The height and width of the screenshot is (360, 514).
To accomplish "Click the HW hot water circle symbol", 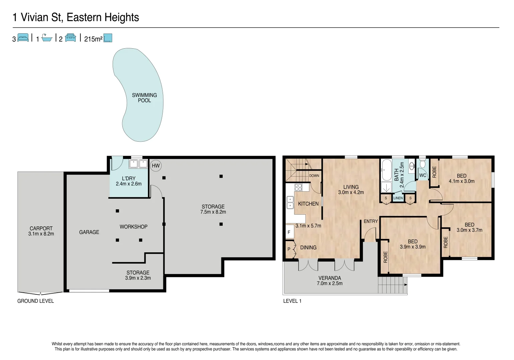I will [156, 166].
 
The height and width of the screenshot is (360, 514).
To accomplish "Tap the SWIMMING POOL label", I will [144, 98].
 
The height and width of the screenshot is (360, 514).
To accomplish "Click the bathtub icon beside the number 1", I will [47, 38].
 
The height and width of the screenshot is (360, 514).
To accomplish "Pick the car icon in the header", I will [71, 38].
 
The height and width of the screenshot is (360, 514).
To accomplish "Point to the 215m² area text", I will [93, 39].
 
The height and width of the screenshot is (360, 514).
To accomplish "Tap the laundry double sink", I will [138, 164].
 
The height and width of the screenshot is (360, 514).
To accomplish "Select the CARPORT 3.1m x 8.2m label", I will [41, 231].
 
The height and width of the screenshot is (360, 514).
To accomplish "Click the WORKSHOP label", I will [133, 227].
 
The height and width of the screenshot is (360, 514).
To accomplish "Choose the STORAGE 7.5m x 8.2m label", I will [213, 209].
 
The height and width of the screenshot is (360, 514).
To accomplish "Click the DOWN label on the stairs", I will [314, 176].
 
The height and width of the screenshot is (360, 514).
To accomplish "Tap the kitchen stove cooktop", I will [298, 187].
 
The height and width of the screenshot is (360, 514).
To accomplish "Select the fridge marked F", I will [289, 232].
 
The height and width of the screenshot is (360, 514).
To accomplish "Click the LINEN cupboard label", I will [398, 198].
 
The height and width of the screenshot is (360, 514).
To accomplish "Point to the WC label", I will [423, 175].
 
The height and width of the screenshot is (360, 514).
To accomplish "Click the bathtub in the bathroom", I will [386, 170].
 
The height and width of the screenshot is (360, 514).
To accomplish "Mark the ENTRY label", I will [371, 221].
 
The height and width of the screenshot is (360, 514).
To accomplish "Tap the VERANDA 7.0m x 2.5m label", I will [330, 281].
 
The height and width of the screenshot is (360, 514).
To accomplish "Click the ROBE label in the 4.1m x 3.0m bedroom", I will [434, 172].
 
